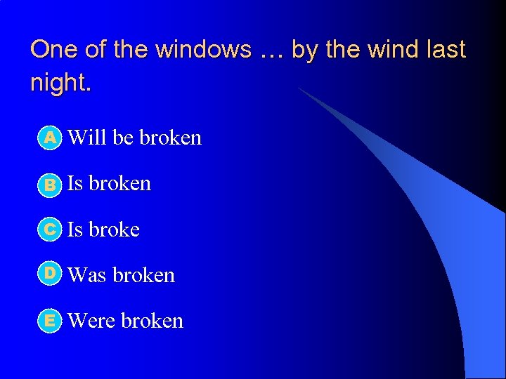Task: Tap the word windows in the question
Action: (x=203, y=50)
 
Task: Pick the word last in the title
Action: (x=448, y=50)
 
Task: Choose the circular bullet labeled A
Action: (x=49, y=138)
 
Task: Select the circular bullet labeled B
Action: (x=49, y=184)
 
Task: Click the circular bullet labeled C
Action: (x=49, y=230)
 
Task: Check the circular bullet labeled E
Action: (x=49, y=321)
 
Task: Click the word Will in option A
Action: (x=87, y=138)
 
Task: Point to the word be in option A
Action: (x=123, y=138)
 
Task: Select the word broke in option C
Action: (x=114, y=230)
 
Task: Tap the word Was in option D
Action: (x=87, y=275)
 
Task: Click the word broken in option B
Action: (x=120, y=183)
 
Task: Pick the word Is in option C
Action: (x=74, y=230)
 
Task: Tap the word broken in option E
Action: (x=153, y=321)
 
